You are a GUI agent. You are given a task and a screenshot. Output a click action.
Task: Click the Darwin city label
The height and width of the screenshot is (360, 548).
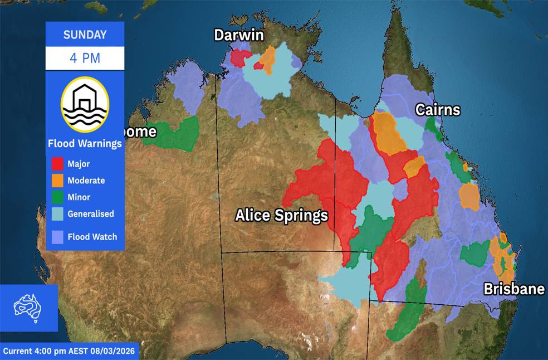click(238, 35)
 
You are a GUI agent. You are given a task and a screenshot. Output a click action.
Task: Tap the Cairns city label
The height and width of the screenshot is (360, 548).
click(438, 110)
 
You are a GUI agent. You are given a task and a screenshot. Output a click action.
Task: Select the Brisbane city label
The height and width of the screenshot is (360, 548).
click(513, 289)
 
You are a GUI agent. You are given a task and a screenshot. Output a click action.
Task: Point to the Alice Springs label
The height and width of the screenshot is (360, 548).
click(281, 215)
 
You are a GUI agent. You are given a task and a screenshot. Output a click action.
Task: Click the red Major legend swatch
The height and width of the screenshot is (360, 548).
click(57, 164)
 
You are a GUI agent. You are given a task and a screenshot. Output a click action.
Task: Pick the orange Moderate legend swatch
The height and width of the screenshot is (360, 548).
click(57, 181)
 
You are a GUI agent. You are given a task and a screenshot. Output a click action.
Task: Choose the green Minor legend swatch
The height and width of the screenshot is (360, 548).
click(57, 197)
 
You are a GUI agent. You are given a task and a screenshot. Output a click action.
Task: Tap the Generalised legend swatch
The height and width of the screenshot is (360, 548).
click(57, 214)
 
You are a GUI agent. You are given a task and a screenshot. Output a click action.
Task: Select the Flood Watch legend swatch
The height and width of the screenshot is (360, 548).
click(57, 236)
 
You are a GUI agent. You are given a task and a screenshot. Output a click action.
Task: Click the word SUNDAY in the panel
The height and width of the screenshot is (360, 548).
click(85, 35)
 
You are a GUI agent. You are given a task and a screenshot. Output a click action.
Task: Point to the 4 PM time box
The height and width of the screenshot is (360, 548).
click(85, 58)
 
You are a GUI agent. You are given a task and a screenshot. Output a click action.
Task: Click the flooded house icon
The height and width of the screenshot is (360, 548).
click(85, 105)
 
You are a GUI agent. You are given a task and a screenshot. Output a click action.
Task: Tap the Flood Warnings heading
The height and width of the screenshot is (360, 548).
click(85, 144)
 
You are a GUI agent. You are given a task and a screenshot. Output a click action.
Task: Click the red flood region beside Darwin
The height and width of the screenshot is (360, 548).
click(240, 57)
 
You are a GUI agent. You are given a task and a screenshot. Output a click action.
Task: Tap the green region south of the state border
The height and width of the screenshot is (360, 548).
click(407, 312)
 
